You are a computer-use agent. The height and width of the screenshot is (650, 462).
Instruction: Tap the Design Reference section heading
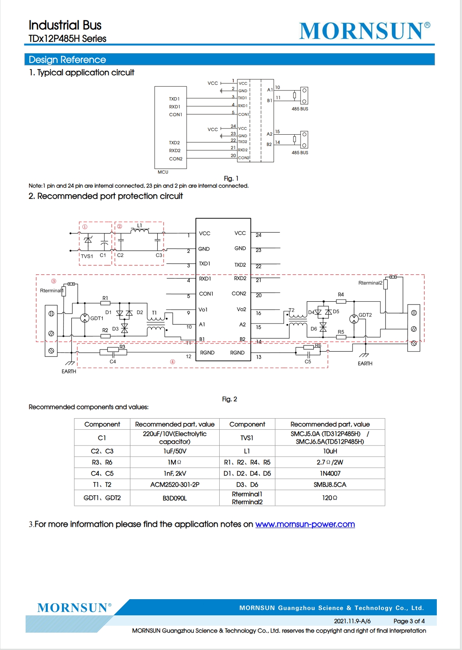click(x=67, y=60)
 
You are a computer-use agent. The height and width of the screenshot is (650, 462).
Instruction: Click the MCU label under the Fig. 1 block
click(x=163, y=172)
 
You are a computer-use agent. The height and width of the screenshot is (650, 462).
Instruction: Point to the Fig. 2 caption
click(x=230, y=399)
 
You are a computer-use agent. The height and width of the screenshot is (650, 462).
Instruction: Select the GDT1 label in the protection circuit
click(x=97, y=319)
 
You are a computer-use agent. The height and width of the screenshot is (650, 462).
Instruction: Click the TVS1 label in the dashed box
click(x=87, y=256)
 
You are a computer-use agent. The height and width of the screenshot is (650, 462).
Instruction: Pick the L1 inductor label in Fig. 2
click(x=139, y=226)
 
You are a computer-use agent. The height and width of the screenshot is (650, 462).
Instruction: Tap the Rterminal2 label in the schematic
click(x=370, y=283)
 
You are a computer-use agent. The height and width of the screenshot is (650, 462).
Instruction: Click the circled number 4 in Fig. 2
click(x=173, y=362)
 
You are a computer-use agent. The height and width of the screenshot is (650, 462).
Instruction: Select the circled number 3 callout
click(x=54, y=281)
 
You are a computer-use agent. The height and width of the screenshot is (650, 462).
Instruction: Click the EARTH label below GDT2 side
click(x=365, y=364)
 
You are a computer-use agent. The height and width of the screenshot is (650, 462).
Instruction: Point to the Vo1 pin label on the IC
click(x=203, y=310)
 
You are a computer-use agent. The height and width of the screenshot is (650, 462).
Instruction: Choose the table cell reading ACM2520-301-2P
click(x=175, y=485)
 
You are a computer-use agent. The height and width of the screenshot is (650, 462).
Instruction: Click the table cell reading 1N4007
click(x=330, y=474)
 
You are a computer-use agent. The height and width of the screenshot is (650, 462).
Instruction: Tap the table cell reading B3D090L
click(x=175, y=498)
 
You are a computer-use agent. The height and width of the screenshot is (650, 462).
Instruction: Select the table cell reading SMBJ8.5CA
click(x=330, y=485)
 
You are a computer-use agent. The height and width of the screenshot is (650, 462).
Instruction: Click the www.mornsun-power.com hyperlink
click(x=305, y=524)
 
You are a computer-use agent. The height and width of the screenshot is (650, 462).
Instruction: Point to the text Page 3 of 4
click(x=409, y=621)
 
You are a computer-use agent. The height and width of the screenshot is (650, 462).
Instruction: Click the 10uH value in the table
click(x=330, y=451)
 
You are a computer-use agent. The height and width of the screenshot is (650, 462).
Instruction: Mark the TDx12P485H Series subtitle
click(x=67, y=39)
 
